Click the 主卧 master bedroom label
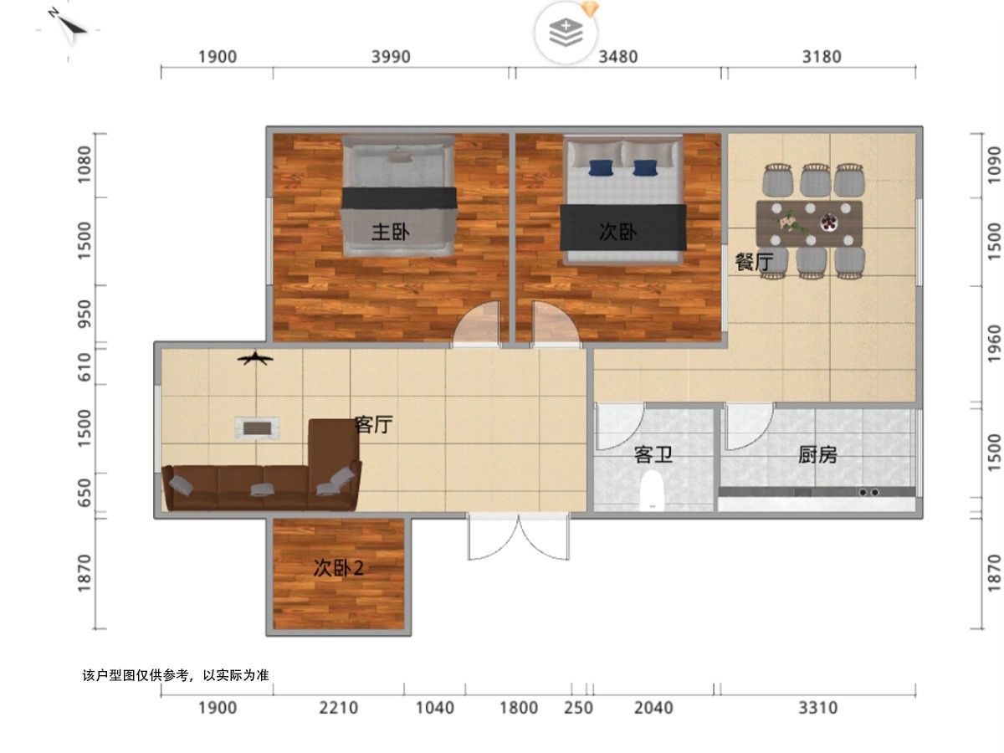[x=390, y=232]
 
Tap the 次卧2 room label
[x=338, y=568]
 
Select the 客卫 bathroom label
[x=653, y=454]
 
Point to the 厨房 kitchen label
[x=817, y=454]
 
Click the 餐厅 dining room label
[x=754, y=262]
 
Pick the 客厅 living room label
[x=373, y=425]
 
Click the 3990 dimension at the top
[x=390, y=57]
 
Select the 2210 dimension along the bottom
[x=338, y=708]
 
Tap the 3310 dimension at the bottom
[x=817, y=708]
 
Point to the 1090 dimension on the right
[x=994, y=165]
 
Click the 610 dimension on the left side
[x=85, y=366]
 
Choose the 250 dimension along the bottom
[x=578, y=708]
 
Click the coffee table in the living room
[x=257, y=428]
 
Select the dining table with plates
[x=809, y=224]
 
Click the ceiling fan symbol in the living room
[x=255, y=358]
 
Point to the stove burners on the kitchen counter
[x=868, y=493]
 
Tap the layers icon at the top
[x=566, y=32]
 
